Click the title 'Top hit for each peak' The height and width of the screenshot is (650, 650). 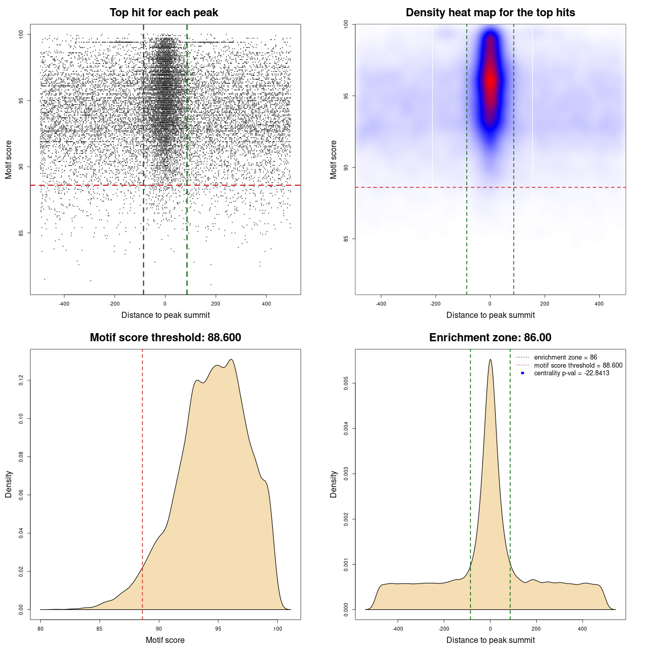[164, 13]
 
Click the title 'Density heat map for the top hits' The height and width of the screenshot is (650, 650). [490, 13]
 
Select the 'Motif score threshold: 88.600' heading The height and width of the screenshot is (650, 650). [165, 338]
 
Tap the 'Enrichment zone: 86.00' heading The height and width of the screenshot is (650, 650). [490, 338]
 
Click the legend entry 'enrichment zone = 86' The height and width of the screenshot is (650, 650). [565, 357]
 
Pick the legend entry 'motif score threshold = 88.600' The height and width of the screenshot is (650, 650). [578, 365]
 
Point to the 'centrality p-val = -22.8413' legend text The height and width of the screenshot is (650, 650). [571, 373]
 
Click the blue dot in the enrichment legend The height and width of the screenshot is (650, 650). [523, 373]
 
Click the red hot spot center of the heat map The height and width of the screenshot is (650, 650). [490, 80]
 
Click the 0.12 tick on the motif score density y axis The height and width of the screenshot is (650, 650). [21, 380]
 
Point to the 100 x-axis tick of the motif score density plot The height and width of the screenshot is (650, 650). [277, 629]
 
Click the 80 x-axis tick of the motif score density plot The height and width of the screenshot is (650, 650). [41, 629]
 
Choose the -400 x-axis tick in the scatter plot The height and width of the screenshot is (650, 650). [64, 304]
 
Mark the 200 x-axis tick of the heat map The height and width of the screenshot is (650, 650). [544, 304]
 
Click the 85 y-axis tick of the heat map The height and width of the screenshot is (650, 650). [346, 239]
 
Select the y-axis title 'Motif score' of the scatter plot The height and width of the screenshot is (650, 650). [9, 159]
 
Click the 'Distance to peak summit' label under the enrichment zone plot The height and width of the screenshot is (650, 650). [490, 640]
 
